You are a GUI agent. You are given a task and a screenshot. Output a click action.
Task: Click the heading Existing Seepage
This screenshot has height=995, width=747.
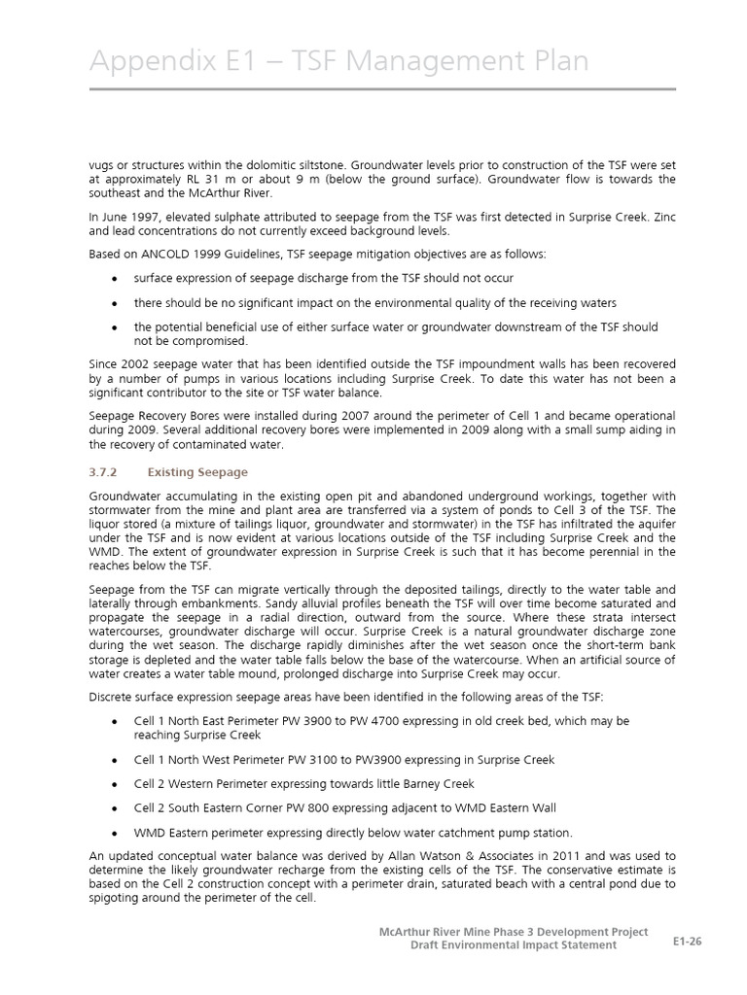point(197,472)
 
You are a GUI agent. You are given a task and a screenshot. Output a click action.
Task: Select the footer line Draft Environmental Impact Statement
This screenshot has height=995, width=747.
point(513,946)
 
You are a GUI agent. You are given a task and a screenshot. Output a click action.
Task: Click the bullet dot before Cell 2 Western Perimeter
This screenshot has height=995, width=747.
point(115,784)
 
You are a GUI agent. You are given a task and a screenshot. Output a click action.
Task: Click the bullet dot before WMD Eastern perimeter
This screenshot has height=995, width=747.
point(115,833)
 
